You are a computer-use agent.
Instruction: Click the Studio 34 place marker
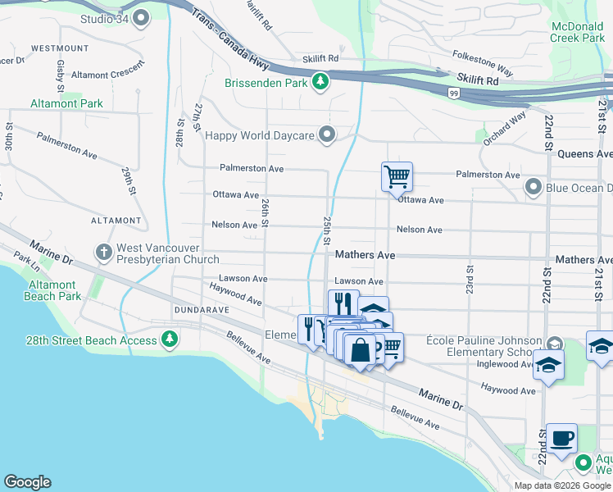[141, 16]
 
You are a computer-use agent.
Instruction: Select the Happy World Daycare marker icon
[328, 134]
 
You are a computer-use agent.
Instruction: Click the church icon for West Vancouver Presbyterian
[103, 253]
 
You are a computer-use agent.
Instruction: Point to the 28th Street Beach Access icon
[169, 339]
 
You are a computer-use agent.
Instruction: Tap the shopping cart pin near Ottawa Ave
[397, 175]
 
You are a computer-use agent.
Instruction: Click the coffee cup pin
[562, 438]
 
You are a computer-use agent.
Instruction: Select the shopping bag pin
[360, 349]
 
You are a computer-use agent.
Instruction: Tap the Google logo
[27, 482]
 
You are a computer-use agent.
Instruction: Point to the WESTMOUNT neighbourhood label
[60, 48]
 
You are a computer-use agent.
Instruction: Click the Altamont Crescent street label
[107, 75]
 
